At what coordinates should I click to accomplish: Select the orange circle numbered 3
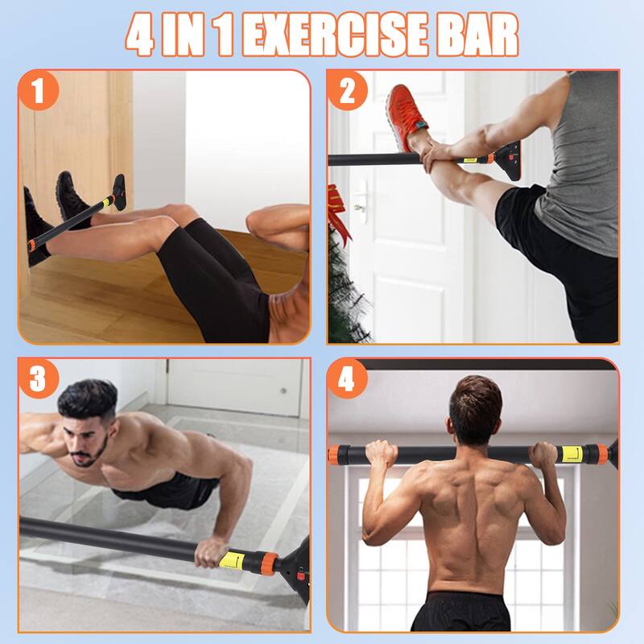pyautogui.click(x=38, y=378)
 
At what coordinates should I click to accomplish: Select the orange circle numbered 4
pyautogui.click(x=347, y=378)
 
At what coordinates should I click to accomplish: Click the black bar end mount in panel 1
pyautogui.click(x=118, y=192)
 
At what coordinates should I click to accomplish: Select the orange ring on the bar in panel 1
pyautogui.click(x=31, y=244)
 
